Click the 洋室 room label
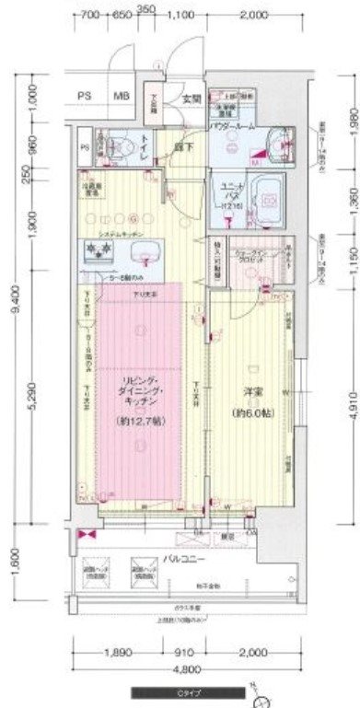point(248,392)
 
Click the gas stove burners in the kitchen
point(97,250)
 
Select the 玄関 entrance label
point(191,99)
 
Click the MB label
point(122,95)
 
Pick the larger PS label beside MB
point(84,95)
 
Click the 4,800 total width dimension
point(188,669)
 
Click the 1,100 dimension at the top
point(182,16)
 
